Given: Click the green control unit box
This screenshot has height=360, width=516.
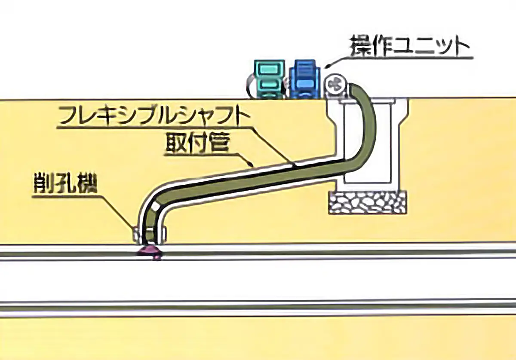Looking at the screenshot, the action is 269,79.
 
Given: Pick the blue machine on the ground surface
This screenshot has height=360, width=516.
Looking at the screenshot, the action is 304,79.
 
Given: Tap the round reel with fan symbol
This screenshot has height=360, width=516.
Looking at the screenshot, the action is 336,86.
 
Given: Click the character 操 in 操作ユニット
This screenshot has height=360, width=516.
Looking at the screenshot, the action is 360,47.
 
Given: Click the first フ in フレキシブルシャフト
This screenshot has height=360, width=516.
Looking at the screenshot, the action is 67,117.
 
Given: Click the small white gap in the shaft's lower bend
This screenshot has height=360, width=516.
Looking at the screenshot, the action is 155,207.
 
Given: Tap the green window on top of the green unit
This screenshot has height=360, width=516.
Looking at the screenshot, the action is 269,69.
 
